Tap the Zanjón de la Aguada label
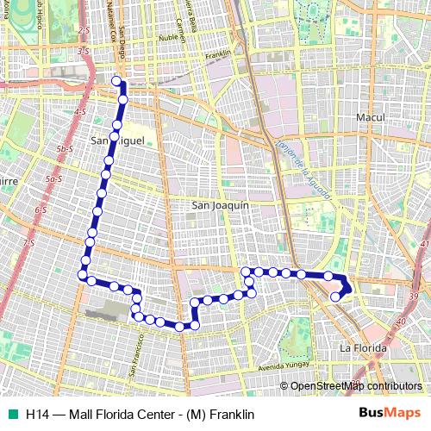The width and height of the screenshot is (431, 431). pyautogui.click(x=306, y=167)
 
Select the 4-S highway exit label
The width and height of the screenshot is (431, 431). pyautogui.click(x=80, y=112)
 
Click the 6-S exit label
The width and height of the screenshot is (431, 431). pyautogui.click(x=41, y=209)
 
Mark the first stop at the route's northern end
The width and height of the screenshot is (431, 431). pyautogui.click(x=117, y=82)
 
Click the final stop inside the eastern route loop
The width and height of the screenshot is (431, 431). pyautogui.click(x=335, y=297)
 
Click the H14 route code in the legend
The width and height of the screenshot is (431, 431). pyautogui.click(x=36, y=413)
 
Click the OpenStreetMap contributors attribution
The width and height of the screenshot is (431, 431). pyautogui.click(x=356, y=386)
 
